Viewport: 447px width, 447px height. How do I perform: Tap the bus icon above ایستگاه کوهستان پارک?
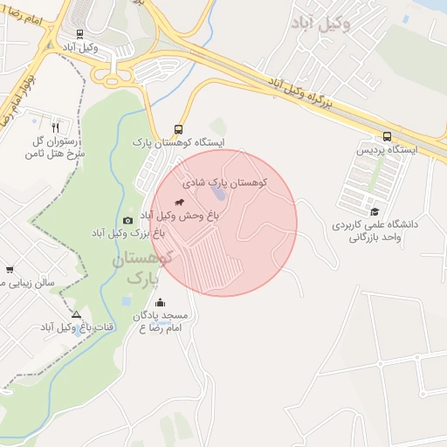[179, 127]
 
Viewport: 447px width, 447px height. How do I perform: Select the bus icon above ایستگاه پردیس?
[387, 136]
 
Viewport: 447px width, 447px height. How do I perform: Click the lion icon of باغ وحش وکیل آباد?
[179, 202]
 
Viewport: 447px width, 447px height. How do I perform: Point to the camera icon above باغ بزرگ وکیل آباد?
[127, 220]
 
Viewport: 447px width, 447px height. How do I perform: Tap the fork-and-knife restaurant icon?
[57, 125]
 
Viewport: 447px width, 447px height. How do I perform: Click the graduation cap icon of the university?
[375, 211]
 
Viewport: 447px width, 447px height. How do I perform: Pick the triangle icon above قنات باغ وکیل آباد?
[76, 315]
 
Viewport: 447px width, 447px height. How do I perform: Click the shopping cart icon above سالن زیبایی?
[10, 270]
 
